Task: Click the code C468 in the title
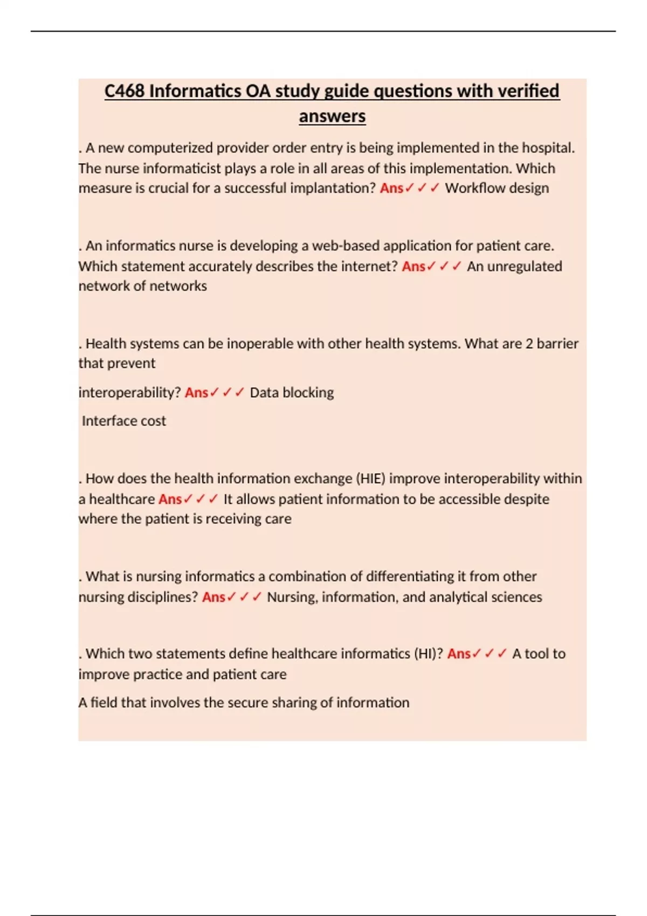[124, 91]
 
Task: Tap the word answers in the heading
[332, 116]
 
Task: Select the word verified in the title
[526, 91]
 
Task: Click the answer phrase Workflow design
[497, 188]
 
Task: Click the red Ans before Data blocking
[196, 392]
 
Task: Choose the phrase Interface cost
[124, 421]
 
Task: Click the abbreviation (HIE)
[369, 478]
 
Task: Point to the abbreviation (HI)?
[428, 654]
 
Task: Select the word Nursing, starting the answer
[292, 597]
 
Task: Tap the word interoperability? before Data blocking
[129, 392]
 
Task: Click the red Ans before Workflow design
[391, 188]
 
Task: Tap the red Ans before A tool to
[459, 654]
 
